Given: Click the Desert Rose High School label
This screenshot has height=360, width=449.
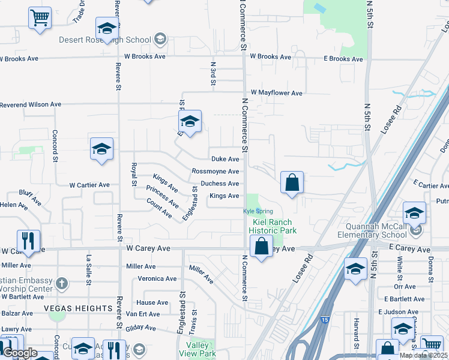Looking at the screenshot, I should pos(105,40).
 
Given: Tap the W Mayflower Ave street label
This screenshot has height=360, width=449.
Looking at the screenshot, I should pos(277,93).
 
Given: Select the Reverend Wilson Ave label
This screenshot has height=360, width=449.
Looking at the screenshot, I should pos(31,104).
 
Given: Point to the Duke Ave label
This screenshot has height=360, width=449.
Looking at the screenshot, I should pos(225,159).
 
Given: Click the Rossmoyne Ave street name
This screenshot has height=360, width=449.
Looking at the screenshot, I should pos(215,172).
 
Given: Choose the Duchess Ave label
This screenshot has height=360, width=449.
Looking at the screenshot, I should pos(220,184).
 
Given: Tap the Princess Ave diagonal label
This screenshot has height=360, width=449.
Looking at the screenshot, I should pos(162,197).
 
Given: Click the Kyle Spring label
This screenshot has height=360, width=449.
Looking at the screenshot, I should pos(258,211).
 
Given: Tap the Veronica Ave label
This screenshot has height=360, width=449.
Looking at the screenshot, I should pos(157,278).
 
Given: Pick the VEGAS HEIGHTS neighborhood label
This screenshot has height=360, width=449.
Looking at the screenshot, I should pos(78,308).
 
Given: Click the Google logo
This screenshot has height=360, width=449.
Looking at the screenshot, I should pos(20,353).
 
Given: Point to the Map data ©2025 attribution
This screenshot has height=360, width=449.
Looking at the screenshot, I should pos(423,355).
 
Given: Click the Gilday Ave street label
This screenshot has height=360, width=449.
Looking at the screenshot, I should pos(141,328).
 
